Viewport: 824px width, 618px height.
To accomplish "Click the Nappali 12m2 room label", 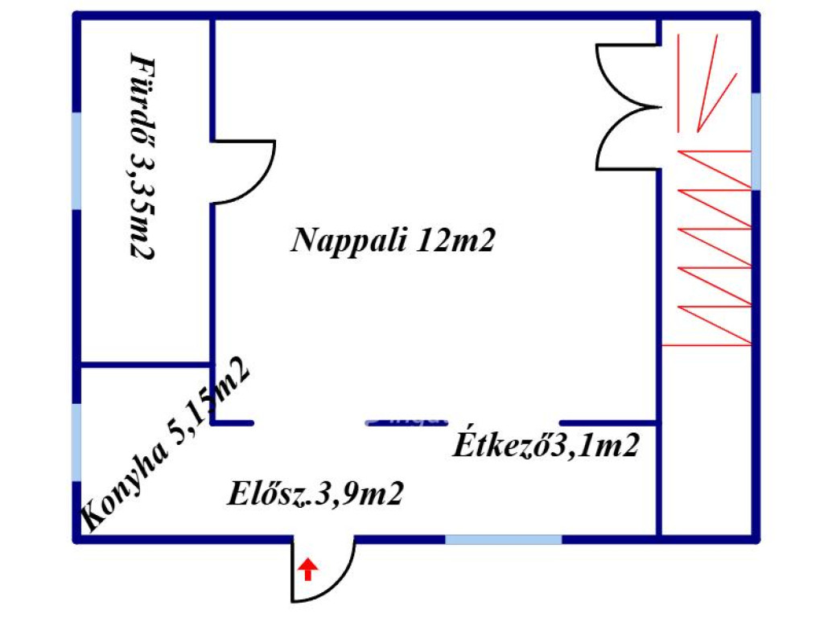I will (393, 241).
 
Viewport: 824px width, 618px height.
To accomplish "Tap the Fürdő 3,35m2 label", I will (142, 156).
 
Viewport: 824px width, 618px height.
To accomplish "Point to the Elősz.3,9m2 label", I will (315, 493).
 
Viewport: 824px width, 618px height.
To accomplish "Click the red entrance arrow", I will (307, 570).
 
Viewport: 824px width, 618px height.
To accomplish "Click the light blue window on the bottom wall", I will (504, 538).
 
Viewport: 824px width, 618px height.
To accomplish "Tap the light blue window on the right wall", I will (756, 141).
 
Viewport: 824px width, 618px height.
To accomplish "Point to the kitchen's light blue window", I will (76, 443).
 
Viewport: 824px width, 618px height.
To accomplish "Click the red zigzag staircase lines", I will (708, 249).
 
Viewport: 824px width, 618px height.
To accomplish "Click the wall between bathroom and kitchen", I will (145, 365).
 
